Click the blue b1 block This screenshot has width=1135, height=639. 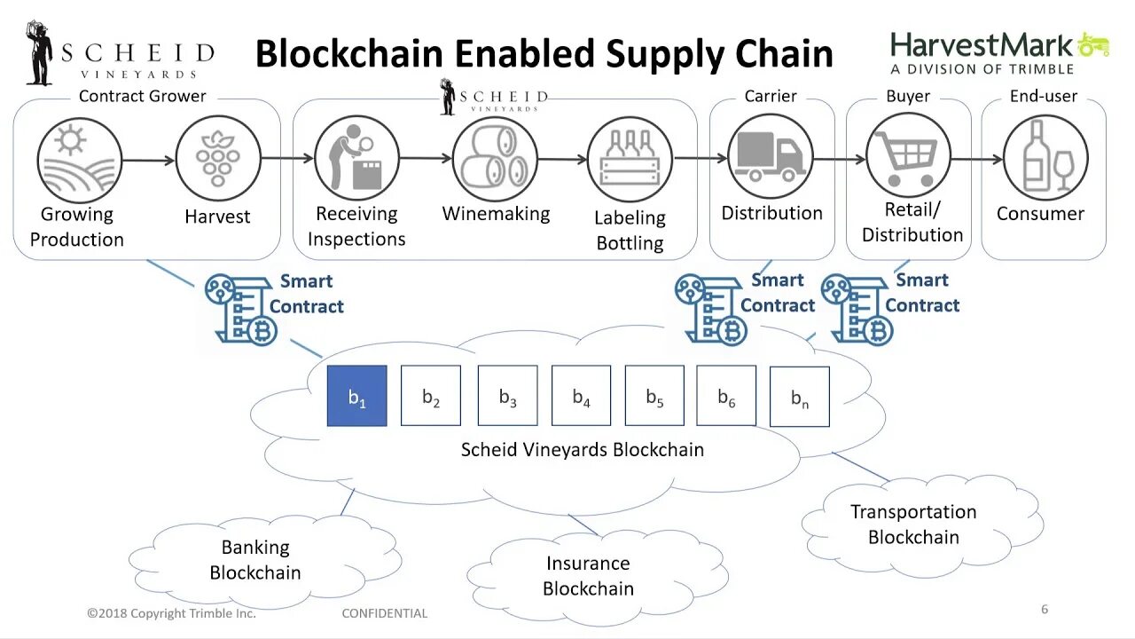coord(356,396)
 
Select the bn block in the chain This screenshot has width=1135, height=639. coord(799,397)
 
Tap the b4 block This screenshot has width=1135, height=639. coord(581,396)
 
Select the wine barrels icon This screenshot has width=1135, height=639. coord(495,157)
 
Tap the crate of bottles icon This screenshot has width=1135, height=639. coord(630,159)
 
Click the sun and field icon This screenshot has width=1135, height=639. coord(79,159)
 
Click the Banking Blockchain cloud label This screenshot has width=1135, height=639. coord(255,560)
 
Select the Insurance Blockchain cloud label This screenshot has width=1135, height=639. coord(588,575)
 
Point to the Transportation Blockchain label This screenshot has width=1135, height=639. coord(913,524)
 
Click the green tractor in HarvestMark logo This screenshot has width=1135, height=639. coord(1094,44)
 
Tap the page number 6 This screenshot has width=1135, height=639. coord(1045,609)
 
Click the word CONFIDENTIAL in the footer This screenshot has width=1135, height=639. coord(385,613)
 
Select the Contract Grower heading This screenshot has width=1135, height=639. coord(143,96)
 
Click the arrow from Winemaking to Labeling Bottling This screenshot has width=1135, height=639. coord(562,159)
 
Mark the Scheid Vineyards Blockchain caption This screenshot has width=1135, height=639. coord(583,449)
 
